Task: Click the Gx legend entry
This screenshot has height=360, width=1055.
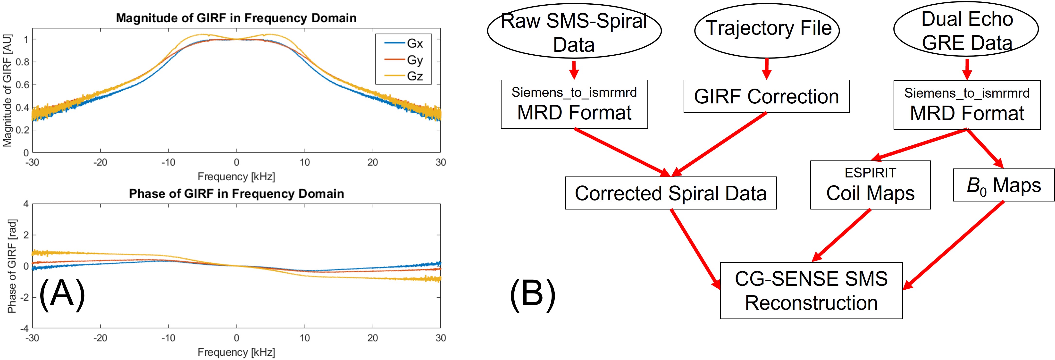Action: click(414, 43)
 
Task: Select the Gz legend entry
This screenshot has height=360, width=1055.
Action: click(414, 76)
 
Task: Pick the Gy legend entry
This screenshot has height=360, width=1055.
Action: click(414, 60)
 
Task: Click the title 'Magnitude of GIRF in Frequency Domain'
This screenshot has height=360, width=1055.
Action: click(236, 18)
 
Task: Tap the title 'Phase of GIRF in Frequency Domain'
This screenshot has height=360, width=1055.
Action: click(236, 194)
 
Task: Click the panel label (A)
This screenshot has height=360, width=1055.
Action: click(62, 294)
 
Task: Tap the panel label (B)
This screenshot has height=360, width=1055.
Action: click(532, 294)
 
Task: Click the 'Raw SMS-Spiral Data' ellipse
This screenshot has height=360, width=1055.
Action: click(574, 32)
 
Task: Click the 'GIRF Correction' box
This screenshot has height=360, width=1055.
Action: click(766, 97)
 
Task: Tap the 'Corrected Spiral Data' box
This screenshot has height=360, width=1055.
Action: click(670, 193)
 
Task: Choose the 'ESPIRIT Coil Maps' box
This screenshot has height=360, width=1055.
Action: click(870, 185)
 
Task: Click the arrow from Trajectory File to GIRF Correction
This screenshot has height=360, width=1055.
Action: click(767, 68)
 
